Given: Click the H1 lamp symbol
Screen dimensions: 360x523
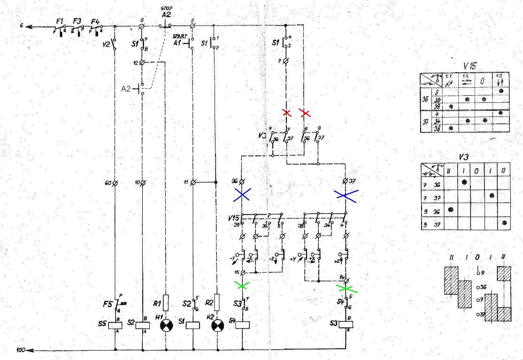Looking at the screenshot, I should pos(166,326).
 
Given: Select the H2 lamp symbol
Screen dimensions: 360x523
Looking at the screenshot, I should pos(218,326).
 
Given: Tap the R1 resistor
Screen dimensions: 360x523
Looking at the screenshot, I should pos(166,304).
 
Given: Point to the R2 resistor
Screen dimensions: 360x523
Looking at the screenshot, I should pos(218,304).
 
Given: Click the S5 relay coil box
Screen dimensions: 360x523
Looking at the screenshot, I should pos(115,326).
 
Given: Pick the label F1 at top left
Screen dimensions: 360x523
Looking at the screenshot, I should pos(59,21).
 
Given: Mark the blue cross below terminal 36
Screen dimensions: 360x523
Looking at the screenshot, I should pos(242,194).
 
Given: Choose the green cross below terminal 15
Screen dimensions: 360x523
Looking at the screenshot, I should pos(242,285).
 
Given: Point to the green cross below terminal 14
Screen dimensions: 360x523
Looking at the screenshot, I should pos(346,289).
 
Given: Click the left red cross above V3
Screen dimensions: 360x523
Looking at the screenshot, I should pos(286,113).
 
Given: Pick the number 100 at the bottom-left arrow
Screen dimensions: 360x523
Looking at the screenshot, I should pos(20,350).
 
